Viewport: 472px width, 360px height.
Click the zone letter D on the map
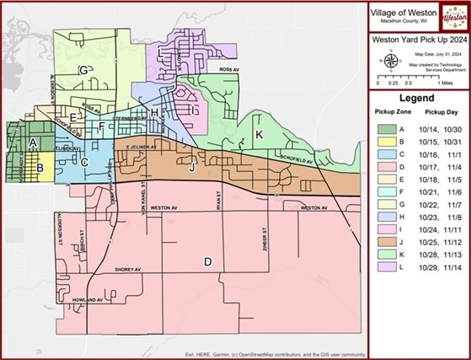[207, 261]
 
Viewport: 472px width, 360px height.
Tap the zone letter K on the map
[260, 135]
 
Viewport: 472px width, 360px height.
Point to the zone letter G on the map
[83, 70]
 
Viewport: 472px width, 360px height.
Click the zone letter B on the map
[39, 168]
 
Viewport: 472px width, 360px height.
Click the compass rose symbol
[389, 60]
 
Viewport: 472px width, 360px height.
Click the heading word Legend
[416, 98]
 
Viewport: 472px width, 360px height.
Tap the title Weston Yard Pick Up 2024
[417, 40]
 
